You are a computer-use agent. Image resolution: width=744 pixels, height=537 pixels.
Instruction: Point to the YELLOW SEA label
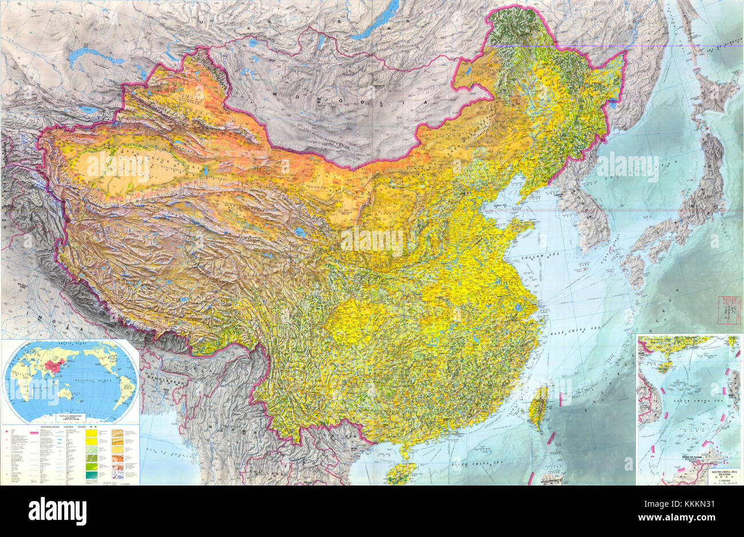pos(535,257)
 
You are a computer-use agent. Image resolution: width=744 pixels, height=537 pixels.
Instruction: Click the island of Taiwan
pos(538,406)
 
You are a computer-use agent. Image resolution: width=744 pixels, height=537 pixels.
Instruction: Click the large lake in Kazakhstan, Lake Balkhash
pos(94,58)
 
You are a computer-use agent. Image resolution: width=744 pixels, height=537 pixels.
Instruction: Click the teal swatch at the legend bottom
pos(91,474)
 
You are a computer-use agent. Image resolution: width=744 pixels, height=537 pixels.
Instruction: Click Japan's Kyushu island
pos(635,265)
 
